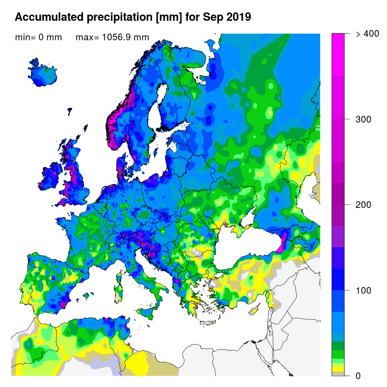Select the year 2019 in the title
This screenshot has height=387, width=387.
pyautogui.click(x=239, y=17)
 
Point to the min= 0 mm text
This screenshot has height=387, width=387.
pyautogui.click(x=38, y=38)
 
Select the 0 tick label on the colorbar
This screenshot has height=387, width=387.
pyautogui.click(x=358, y=376)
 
